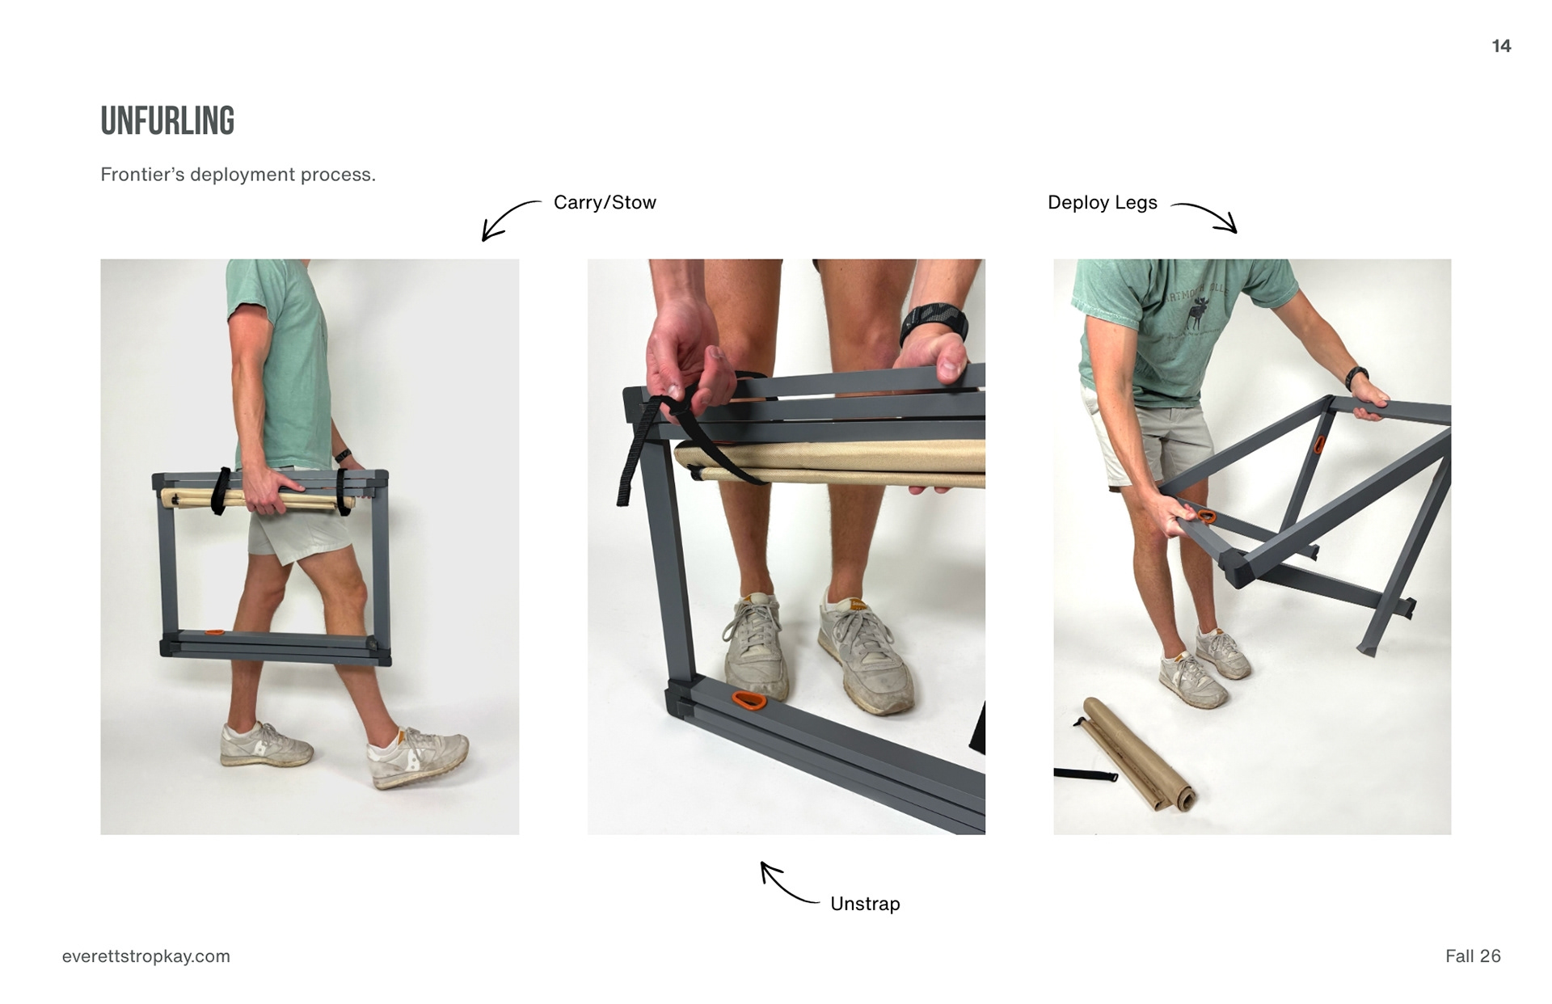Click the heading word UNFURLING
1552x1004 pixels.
pyautogui.click(x=167, y=121)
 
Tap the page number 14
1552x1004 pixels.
pyautogui.click(x=1501, y=46)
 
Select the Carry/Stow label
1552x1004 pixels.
pyautogui.click(x=605, y=202)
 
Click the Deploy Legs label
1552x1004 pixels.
pyautogui.click(x=1102, y=202)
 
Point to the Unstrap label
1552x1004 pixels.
pyautogui.click(x=865, y=904)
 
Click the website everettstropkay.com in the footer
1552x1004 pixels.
pyautogui.click(x=146, y=956)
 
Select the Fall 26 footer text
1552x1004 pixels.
pyautogui.click(x=1473, y=956)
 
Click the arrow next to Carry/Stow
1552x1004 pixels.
pyautogui.click(x=507, y=217)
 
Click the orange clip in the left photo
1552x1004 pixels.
pyautogui.click(x=215, y=632)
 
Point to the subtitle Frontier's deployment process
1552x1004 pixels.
pyautogui.click(x=238, y=175)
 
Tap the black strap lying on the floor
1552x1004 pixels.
pyautogui.click(x=1086, y=775)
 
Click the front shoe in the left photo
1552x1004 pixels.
pyautogui.click(x=418, y=757)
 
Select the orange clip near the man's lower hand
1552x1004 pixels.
pyautogui.click(x=1206, y=516)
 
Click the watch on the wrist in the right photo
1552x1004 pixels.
pyautogui.click(x=1356, y=377)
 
